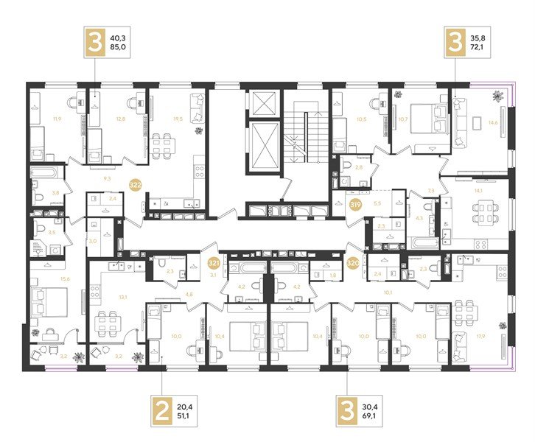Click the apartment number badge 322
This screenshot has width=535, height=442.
coord(136,185)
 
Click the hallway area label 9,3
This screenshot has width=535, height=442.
coord(106,179)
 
